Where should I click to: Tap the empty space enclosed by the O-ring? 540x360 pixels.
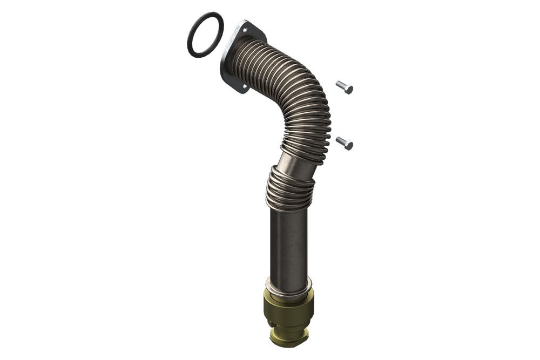pos(205,35)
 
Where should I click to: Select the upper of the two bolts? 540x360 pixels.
pos(344,87)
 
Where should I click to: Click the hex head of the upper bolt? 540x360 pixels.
pos(348,89)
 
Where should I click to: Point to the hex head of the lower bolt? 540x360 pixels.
pos(348,145)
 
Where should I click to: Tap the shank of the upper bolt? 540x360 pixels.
pos(340,85)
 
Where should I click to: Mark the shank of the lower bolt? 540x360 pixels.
pos(340,141)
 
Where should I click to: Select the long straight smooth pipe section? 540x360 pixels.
pos(289,243)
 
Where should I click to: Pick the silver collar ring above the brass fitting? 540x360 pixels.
pos(289,284)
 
